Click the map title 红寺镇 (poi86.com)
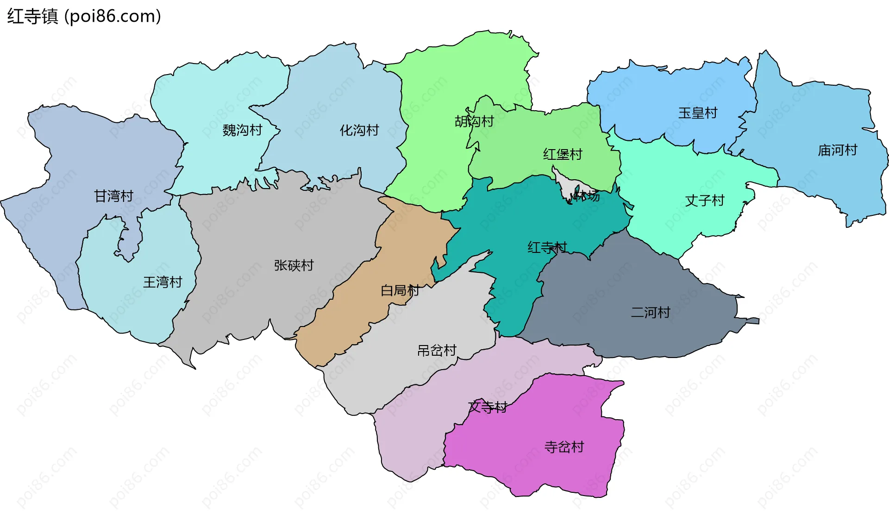(84, 16)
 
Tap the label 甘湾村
(113, 196)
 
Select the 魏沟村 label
(242, 130)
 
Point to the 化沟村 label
(359, 130)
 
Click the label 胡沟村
(474, 121)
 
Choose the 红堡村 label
(563, 154)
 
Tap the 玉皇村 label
(698, 113)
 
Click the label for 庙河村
(838, 150)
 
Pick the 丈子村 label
(705, 201)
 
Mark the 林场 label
(587, 196)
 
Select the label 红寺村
(547, 247)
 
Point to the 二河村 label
(651, 313)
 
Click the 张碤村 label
(294, 265)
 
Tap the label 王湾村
(163, 282)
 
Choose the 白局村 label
(400, 290)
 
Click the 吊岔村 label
(437, 351)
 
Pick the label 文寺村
(488, 407)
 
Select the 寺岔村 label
(564, 447)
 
